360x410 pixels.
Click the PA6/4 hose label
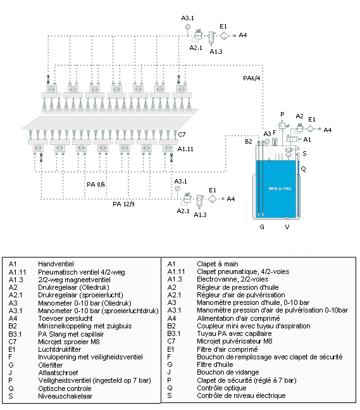252,78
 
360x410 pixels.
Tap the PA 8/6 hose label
96,185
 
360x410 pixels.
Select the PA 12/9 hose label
123,204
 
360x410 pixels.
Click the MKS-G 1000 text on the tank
280,189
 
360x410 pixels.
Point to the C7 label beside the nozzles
182,135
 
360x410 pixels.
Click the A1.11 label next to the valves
185,149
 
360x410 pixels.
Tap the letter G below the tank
262,227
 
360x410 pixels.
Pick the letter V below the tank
287,227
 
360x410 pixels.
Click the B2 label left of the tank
249,142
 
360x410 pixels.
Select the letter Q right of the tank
303,169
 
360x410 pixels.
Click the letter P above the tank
282,115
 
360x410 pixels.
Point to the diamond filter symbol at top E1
224,35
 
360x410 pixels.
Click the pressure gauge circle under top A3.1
188,27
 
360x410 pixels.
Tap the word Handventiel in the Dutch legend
56,264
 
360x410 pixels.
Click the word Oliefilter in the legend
51,365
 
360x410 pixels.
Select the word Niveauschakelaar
65,396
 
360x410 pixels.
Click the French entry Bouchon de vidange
228,372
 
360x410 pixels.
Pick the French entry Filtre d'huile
215,365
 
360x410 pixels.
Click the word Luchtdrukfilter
59,350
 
